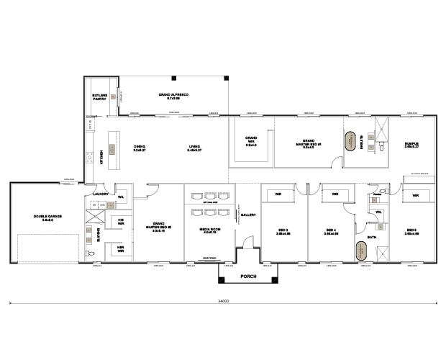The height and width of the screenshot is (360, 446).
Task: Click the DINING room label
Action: click(x=140, y=148)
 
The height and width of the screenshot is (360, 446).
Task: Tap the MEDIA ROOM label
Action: click(x=210, y=230)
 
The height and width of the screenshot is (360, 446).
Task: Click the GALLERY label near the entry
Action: click(x=248, y=215)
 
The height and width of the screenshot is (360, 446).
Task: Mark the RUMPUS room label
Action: click(x=411, y=143)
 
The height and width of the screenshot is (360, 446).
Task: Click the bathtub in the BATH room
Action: click(x=358, y=251)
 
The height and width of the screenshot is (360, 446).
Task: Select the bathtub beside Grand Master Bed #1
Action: click(x=351, y=141)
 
